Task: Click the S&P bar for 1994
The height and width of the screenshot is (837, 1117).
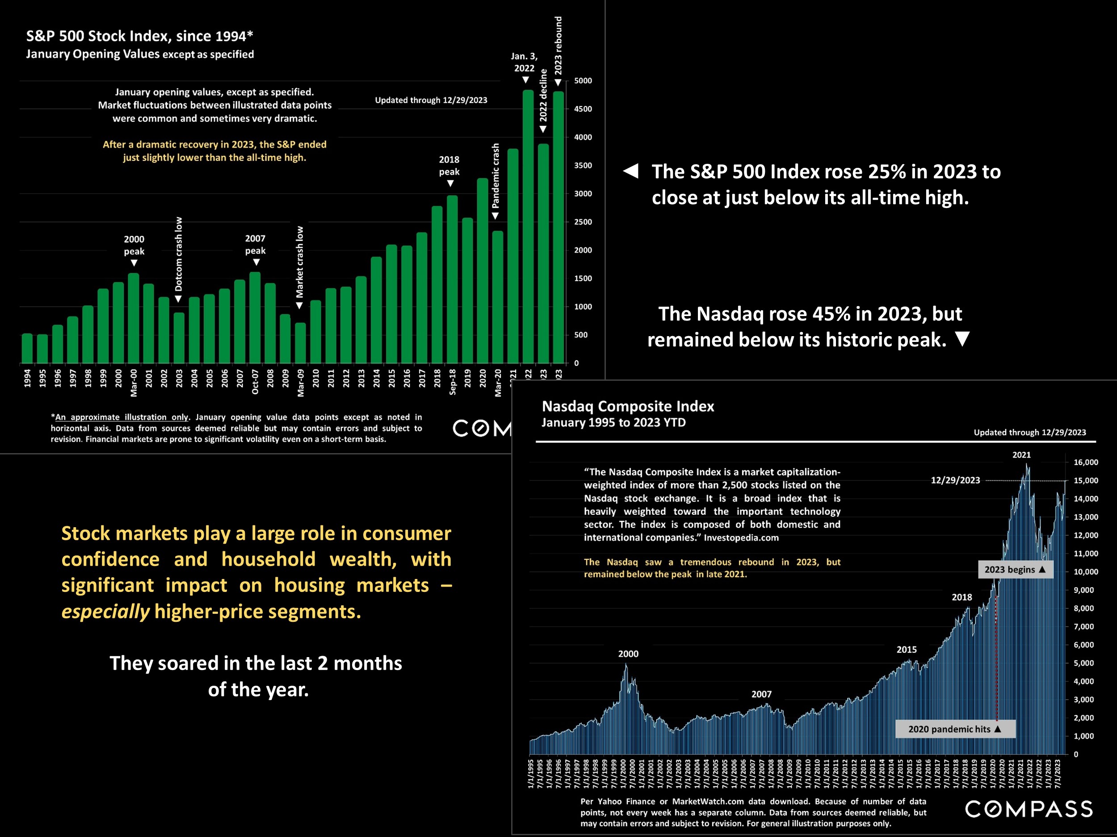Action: [27, 348]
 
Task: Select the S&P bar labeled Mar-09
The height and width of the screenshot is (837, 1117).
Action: [300, 343]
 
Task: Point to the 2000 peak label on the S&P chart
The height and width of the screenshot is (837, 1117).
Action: [134, 245]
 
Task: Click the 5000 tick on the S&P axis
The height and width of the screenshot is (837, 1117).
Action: [583, 81]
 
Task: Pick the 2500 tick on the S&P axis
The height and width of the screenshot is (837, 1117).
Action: [583, 222]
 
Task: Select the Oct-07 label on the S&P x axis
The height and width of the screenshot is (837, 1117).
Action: [255, 382]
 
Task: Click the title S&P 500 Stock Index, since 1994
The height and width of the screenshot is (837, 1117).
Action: [139, 36]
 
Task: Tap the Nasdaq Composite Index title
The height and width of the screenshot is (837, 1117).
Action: [628, 406]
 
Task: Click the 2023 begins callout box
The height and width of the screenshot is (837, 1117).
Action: [1015, 570]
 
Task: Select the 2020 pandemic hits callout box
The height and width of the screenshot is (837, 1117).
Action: [954, 729]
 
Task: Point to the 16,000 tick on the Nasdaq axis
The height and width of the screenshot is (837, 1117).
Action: [1086, 462]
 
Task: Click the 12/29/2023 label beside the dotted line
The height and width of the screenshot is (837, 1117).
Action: [955, 480]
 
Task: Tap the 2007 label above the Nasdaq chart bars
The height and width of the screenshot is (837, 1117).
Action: [761, 694]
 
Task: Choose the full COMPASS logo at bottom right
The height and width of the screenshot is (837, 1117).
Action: [1029, 809]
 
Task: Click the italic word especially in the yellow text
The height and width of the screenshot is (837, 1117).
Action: [105, 612]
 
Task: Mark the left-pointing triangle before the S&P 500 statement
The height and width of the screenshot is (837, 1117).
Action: [631, 171]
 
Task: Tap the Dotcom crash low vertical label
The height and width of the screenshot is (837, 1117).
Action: [179, 254]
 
